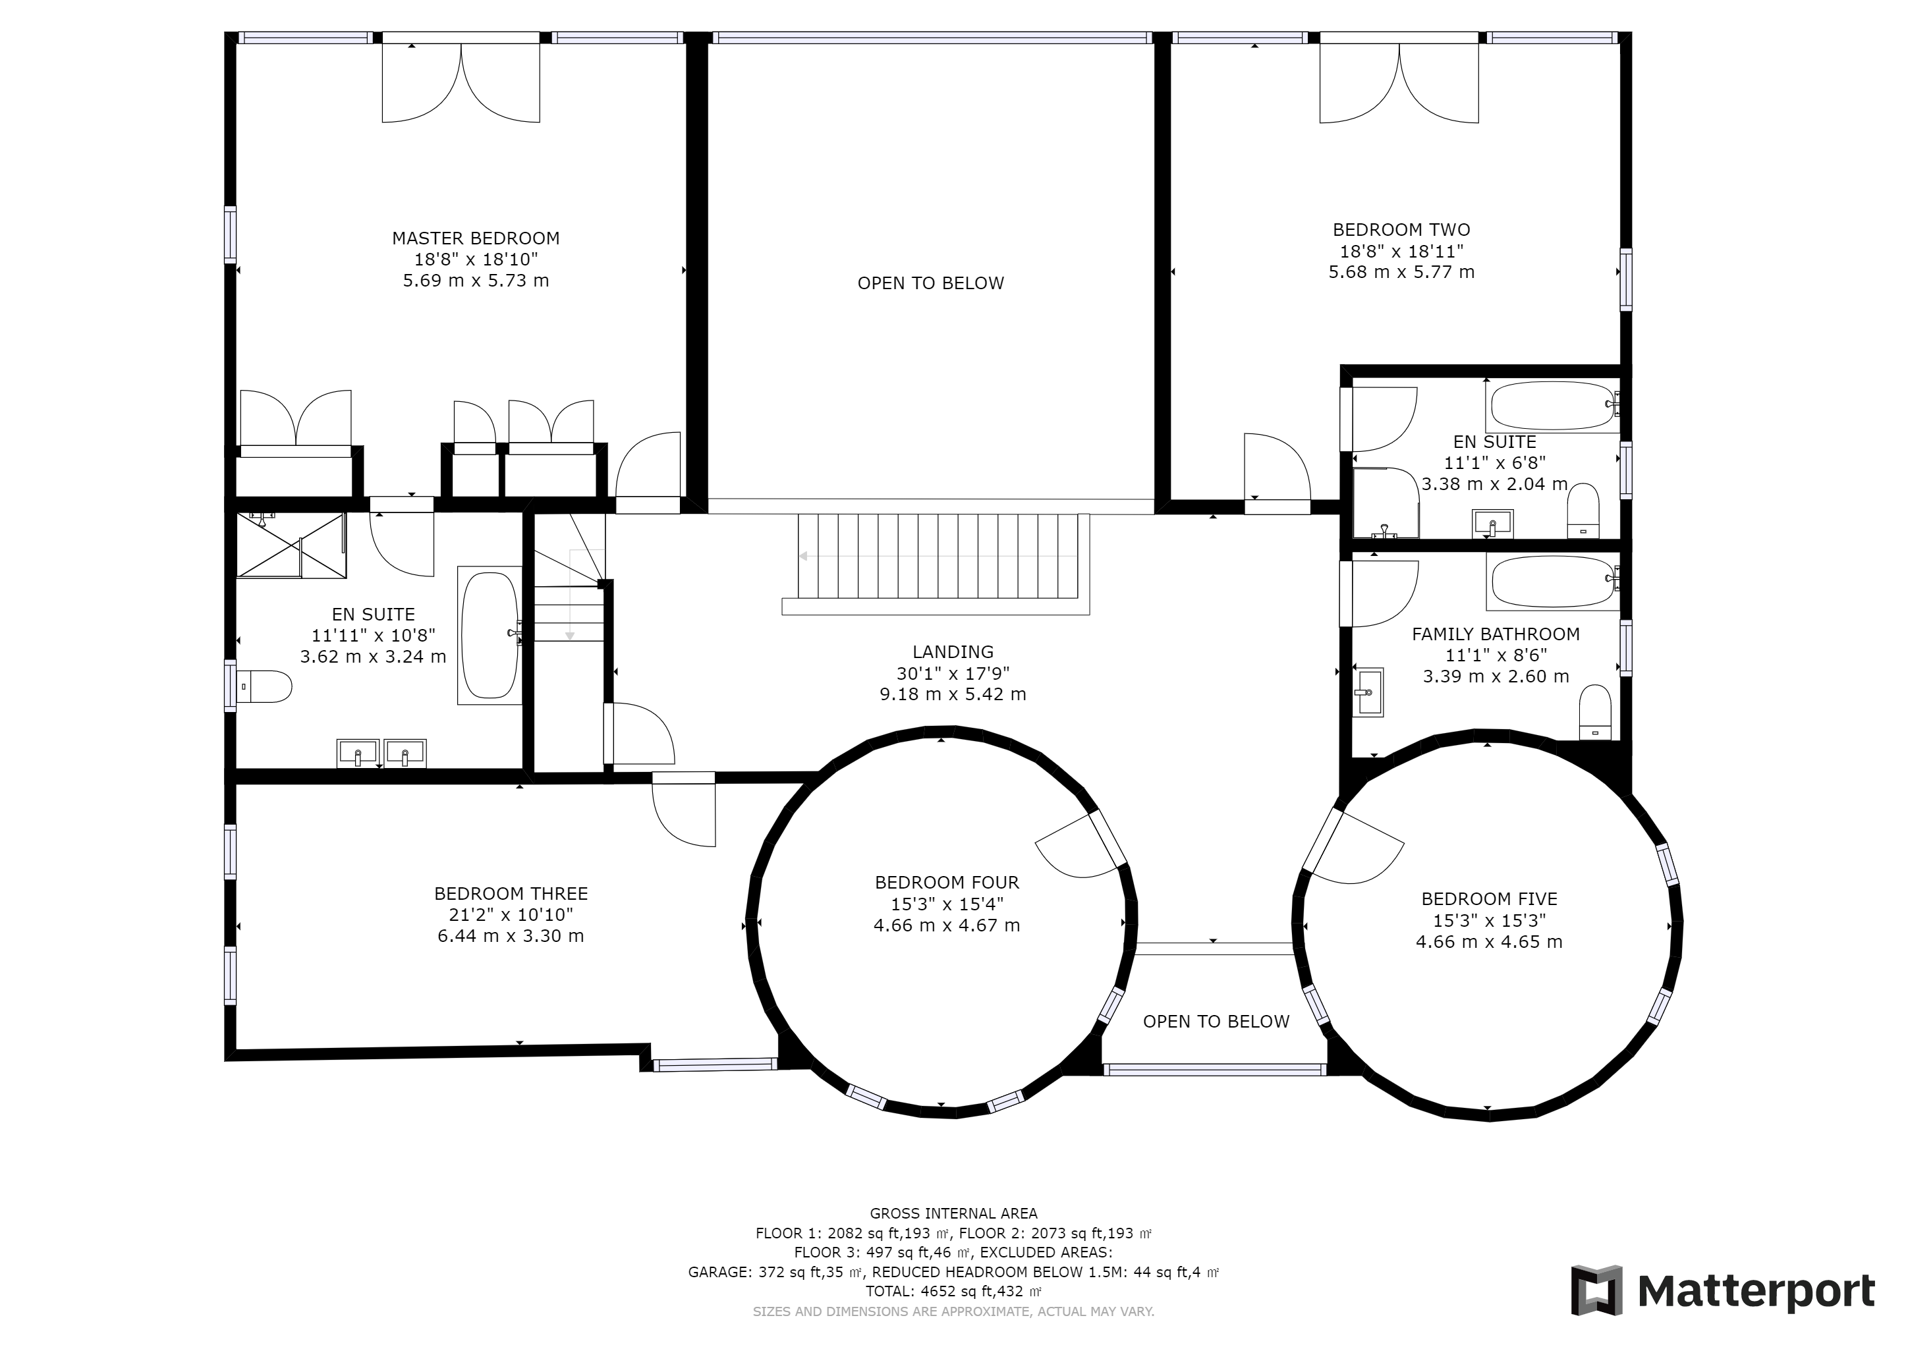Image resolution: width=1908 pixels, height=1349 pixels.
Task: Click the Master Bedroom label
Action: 475,238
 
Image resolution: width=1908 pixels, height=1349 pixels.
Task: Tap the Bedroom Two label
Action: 1401,230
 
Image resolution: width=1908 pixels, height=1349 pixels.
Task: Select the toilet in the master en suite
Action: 264,687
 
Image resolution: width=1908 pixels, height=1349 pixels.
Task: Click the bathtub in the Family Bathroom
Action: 1552,582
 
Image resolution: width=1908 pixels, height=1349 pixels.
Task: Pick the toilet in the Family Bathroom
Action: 1594,712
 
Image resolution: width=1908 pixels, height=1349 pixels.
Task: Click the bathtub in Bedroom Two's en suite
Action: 1552,405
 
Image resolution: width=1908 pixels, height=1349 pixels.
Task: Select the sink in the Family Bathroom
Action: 1368,692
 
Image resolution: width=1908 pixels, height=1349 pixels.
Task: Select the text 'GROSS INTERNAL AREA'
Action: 953,1213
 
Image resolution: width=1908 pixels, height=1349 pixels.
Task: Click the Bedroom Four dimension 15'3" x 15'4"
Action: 947,904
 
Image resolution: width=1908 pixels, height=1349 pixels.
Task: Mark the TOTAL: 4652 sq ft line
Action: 953,1292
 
